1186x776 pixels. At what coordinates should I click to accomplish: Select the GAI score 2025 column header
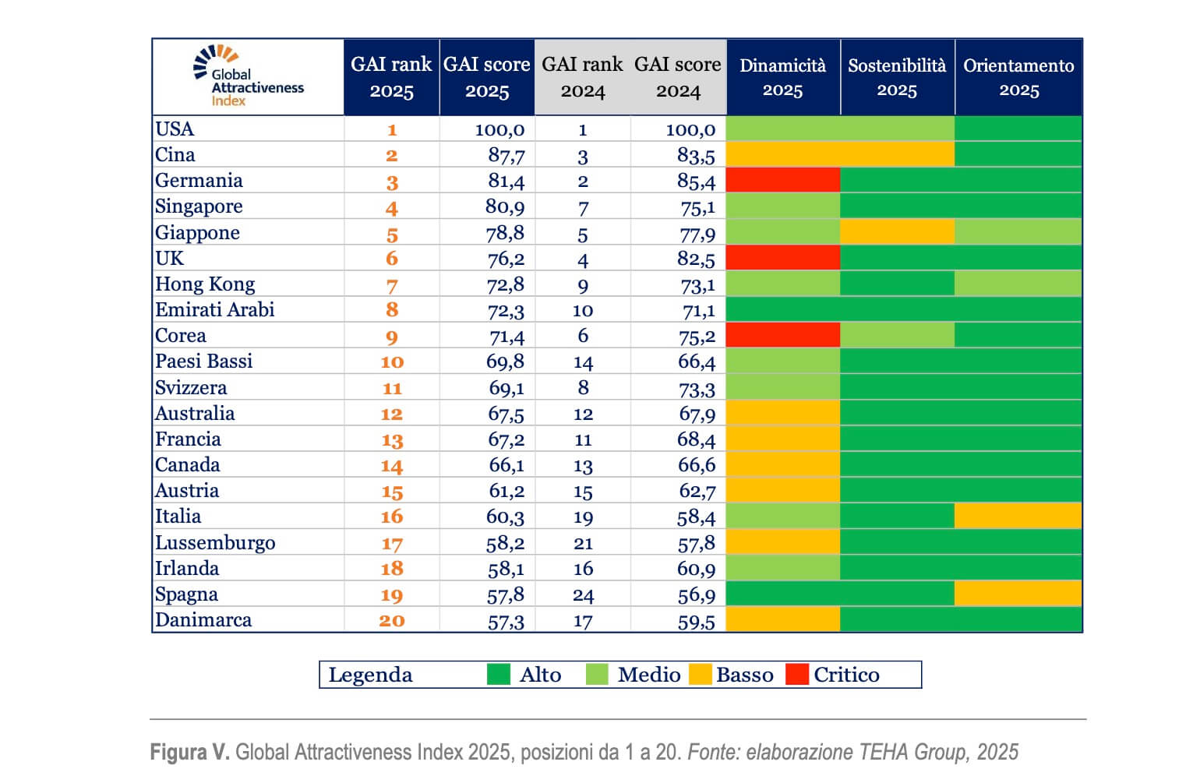tap(487, 77)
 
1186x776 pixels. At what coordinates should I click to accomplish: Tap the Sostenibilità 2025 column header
tap(897, 77)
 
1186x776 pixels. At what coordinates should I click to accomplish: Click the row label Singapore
tap(199, 206)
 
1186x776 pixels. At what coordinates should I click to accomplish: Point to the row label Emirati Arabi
tap(215, 310)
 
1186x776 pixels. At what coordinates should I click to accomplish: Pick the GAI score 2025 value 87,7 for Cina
tap(506, 155)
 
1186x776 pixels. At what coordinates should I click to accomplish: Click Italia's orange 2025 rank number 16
tap(391, 517)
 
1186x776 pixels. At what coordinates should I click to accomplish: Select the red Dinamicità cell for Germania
tap(782, 181)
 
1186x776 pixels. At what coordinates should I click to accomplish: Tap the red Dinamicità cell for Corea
tap(782, 336)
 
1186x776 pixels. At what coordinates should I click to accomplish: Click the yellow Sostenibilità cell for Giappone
tap(897, 232)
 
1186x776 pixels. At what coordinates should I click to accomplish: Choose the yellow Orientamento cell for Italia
tap(1018, 516)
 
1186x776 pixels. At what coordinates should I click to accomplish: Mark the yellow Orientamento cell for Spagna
tap(1018, 594)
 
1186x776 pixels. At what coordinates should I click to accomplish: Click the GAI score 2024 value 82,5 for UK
tap(696, 259)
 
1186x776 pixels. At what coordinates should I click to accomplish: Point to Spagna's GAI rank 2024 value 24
tap(583, 595)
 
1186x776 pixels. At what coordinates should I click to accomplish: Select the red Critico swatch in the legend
tap(797, 674)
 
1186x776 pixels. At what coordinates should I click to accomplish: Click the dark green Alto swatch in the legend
tap(499, 674)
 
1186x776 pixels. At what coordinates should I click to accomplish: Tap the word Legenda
tap(370, 675)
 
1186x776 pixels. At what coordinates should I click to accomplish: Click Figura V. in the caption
tap(189, 752)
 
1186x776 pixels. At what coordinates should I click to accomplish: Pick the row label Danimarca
tap(203, 620)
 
